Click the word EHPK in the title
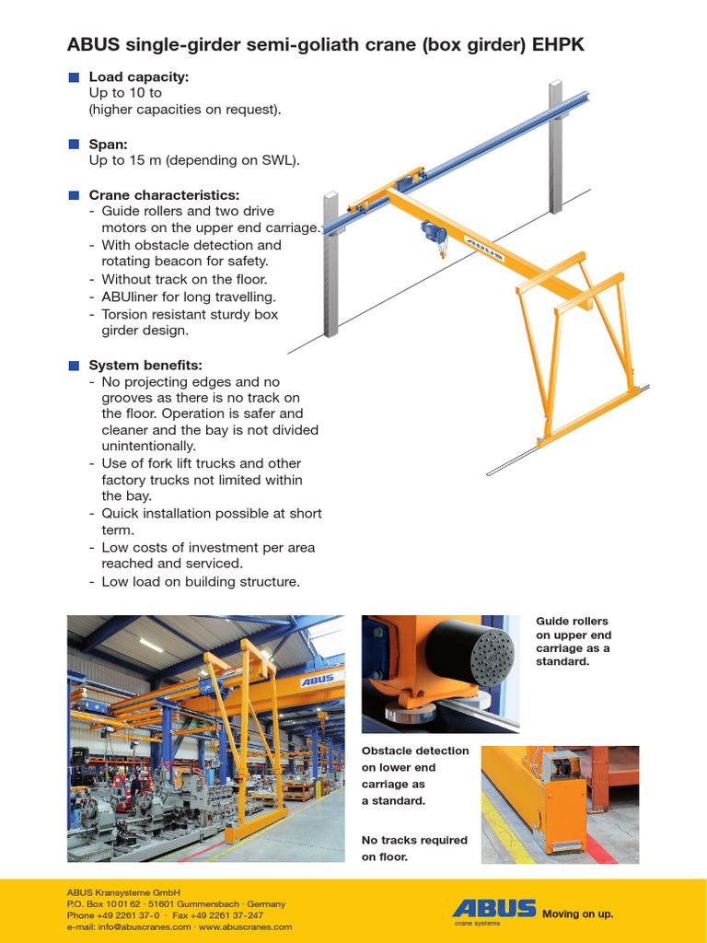pos(554,44)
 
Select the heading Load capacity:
pos(138,76)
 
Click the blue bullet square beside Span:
pos(75,145)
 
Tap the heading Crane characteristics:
pos(164,195)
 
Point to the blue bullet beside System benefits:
pos(75,366)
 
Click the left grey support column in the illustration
pos(330,267)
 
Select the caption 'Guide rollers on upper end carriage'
pos(573,641)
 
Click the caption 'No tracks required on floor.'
pos(400,848)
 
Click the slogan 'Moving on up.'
pos(577,914)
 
